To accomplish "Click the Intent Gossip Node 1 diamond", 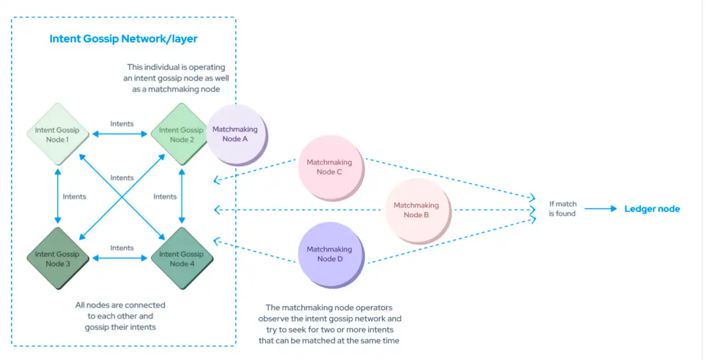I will pyautogui.click(x=57, y=135).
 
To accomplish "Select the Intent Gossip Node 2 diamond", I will pyautogui.click(x=181, y=135).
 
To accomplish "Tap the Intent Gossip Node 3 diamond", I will pyautogui.click(x=57, y=259).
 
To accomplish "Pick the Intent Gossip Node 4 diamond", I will pyautogui.click(x=181, y=259).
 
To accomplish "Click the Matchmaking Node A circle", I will pyautogui.click(x=235, y=134).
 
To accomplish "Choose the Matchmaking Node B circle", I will pyautogui.click(x=416, y=210).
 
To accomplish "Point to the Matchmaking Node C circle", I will pyautogui.click(x=329, y=167).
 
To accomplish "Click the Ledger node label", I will pyautogui.click(x=652, y=209).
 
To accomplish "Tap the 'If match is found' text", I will pyautogui.click(x=562, y=209).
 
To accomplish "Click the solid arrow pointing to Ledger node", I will pyautogui.click(x=600, y=209).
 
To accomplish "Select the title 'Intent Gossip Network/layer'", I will pyautogui.click(x=123, y=39).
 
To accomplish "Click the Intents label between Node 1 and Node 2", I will pyautogui.click(x=122, y=124).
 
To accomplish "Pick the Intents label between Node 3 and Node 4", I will pyautogui.click(x=122, y=248).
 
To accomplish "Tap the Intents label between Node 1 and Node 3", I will pyautogui.click(x=74, y=196).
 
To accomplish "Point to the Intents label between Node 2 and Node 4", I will pyautogui.click(x=165, y=196).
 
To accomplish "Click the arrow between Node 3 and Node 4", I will pyautogui.click(x=120, y=258).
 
